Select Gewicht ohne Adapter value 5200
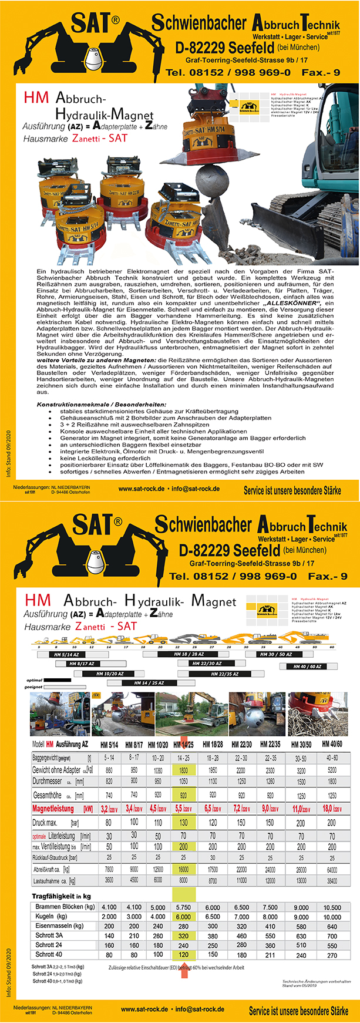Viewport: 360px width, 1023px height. [x=332, y=769]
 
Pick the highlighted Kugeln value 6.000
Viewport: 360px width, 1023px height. [x=183, y=916]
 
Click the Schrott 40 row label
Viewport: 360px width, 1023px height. [x=49, y=954]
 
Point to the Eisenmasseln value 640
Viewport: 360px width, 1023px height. [x=332, y=926]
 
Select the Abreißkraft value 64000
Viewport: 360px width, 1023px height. [x=332, y=869]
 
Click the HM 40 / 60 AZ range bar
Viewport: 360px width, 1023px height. [x=308, y=667]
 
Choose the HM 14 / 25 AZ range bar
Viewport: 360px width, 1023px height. [x=149, y=683]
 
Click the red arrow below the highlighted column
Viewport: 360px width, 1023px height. [x=184, y=969]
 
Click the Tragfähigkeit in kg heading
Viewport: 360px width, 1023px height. [x=61, y=896]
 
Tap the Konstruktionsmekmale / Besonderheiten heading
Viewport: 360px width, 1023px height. [x=101, y=405]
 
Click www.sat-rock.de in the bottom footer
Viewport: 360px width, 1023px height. [x=144, y=1009]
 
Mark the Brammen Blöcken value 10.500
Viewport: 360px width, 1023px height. [x=332, y=907]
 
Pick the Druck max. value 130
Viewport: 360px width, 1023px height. [x=183, y=823]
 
